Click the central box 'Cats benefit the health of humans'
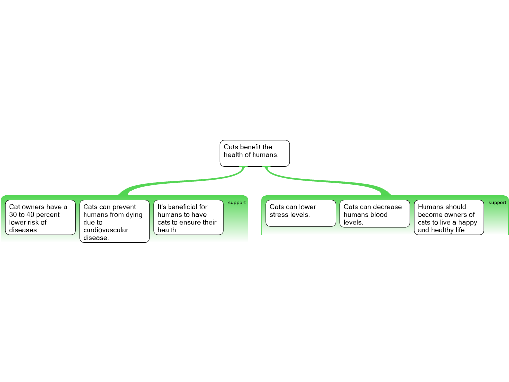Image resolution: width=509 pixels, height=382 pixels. (254, 153)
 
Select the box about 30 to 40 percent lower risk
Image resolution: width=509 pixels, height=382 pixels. (40, 218)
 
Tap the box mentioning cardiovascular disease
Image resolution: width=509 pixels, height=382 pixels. (114, 221)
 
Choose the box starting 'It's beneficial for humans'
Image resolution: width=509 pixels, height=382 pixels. (188, 218)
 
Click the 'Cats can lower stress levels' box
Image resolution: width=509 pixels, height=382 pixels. (301, 213)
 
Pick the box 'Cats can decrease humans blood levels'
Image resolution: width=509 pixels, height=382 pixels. (375, 214)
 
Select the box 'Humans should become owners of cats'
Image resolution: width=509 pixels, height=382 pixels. (448, 218)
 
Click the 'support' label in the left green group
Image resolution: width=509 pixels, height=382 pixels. (237, 203)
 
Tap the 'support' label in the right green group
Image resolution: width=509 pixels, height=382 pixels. (497, 203)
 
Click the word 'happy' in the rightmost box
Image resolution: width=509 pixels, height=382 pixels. (468, 222)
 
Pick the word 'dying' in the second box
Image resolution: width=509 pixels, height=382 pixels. (134, 215)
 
